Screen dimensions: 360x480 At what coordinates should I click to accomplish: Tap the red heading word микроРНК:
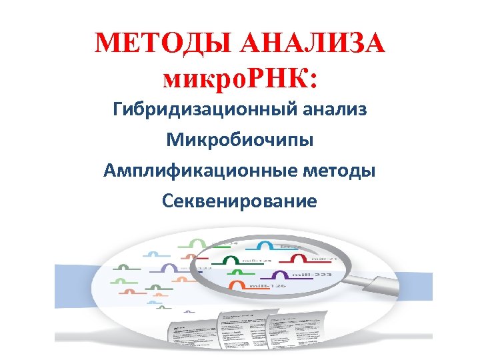pyautogui.click(x=240, y=79)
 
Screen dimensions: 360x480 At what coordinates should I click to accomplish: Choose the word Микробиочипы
pyautogui.click(x=240, y=140)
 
